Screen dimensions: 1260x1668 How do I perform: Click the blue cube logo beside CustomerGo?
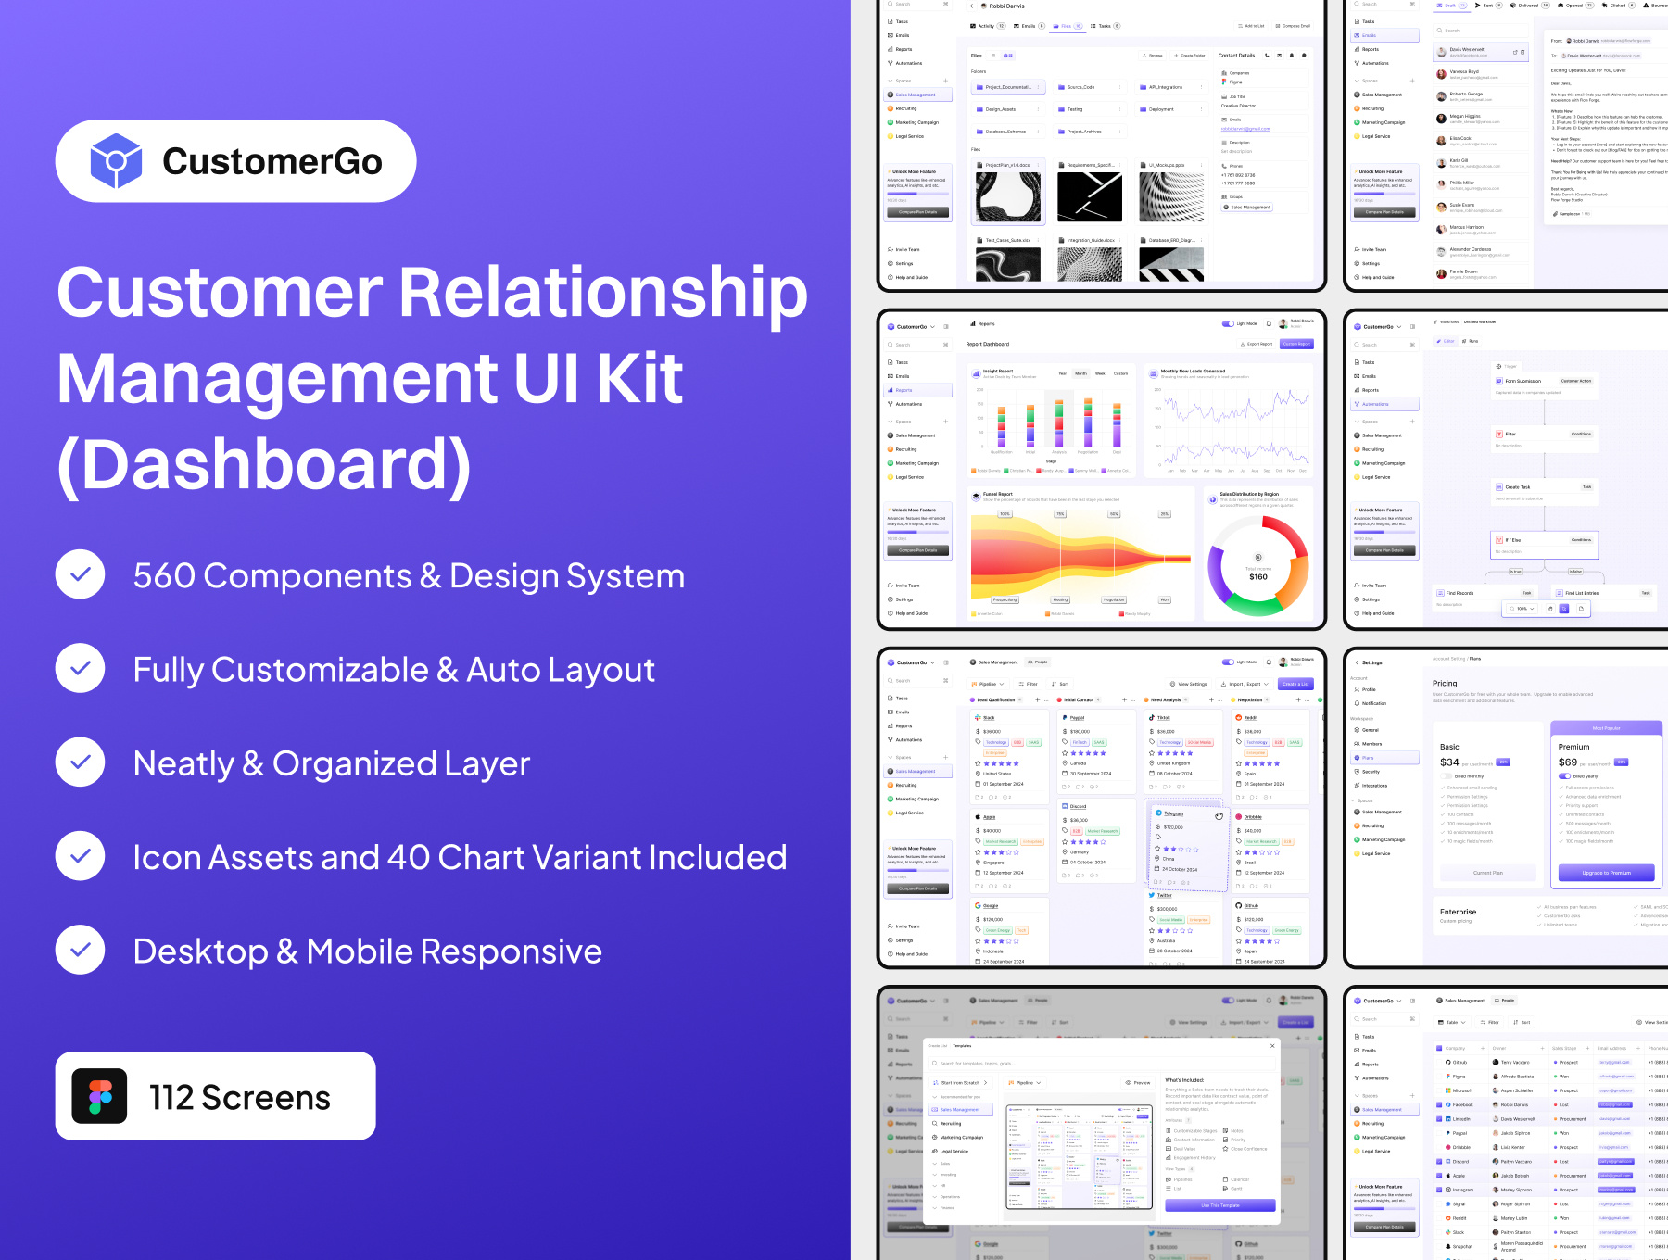(x=116, y=161)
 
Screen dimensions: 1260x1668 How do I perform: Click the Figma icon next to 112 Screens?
(x=100, y=1097)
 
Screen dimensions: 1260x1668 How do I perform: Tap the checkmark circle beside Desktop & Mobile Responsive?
(x=81, y=951)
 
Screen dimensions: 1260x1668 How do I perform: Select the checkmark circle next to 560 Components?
(x=81, y=575)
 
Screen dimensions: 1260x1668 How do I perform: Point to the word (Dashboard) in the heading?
(x=265, y=464)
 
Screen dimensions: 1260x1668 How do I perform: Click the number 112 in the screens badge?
(x=171, y=1098)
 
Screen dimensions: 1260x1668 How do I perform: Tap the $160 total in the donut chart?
(x=1257, y=577)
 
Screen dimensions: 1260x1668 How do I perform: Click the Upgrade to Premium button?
(x=1606, y=873)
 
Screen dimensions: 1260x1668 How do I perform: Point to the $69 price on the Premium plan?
(x=1567, y=762)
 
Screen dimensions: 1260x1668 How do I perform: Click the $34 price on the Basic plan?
(x=1449, y=762)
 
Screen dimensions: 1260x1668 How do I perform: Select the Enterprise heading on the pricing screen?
(x=1458, y=912)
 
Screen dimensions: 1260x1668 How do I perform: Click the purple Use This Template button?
(x=1219, y=1205)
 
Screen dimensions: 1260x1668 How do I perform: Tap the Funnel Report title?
(x=998, y=494)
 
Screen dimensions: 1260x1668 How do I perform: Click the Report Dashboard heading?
(x=987, y=344)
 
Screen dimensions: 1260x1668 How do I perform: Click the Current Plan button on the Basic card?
(x=1487, y=873)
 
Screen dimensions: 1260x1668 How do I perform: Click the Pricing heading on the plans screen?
(x=1445, y=683)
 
